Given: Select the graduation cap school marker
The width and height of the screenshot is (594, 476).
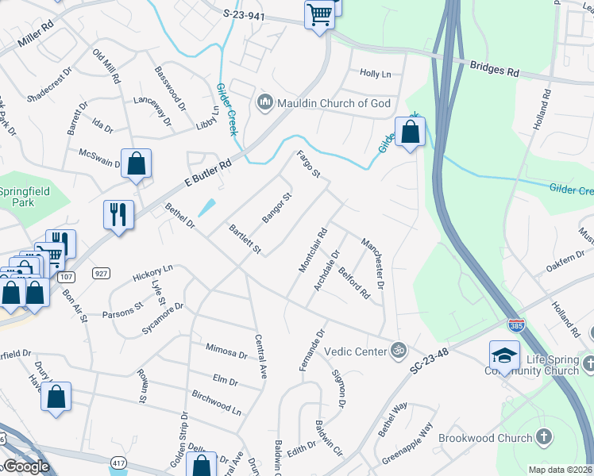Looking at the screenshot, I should [504, 355].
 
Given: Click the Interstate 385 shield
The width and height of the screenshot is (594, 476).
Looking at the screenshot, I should [515, 324].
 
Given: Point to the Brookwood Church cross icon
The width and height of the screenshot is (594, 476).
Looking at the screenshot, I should [543, 437].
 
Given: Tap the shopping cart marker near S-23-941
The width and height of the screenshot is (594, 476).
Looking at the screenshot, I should [319, 13].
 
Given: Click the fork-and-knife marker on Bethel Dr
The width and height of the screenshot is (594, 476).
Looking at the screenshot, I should [118, 213].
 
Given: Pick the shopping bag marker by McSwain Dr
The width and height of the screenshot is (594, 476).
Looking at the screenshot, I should [136, 163].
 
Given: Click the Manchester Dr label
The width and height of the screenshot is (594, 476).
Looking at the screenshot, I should [372, 263].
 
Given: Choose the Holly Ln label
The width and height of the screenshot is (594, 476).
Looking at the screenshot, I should [376, 73].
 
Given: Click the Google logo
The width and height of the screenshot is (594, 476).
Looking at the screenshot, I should [25, 466].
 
